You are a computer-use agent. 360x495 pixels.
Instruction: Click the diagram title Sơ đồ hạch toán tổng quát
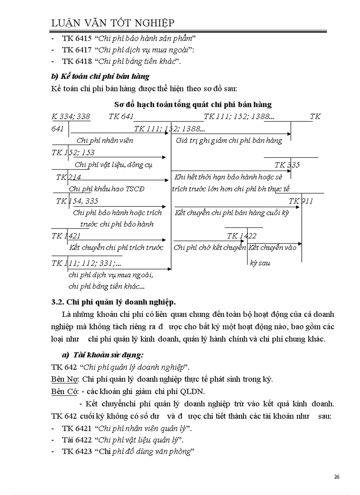[193, 104]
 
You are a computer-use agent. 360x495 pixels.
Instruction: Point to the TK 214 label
[68, 177]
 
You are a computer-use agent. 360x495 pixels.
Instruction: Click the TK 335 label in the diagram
[287, 165]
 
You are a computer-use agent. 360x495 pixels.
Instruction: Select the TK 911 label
[301, 201]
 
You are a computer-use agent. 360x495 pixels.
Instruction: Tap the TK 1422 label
[241, 236]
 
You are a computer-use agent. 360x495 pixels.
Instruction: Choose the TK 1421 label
[66, 236]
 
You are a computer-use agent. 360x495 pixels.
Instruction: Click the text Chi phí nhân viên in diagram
[105, 141]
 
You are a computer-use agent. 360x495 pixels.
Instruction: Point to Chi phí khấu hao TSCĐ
[107, 189]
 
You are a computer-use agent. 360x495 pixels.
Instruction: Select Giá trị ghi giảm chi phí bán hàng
[229, 141]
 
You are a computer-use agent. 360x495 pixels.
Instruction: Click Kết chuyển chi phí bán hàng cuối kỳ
[232, 213]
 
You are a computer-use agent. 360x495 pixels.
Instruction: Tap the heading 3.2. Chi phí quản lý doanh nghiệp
[113, 302]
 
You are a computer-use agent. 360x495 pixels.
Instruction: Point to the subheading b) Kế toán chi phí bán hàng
[101, 76]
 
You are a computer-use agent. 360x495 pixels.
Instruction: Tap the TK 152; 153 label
[73, 153]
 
